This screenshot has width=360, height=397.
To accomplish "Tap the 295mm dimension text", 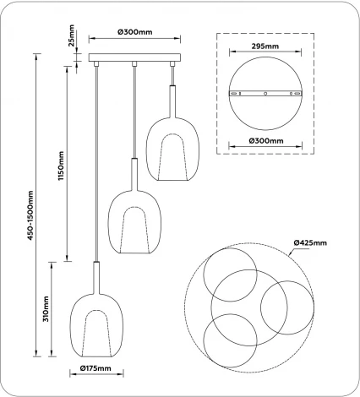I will tap(265, 49).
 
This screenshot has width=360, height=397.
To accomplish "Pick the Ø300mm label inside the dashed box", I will tap(265, 140).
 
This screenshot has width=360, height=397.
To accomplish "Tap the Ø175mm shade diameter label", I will tap(97, 369).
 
